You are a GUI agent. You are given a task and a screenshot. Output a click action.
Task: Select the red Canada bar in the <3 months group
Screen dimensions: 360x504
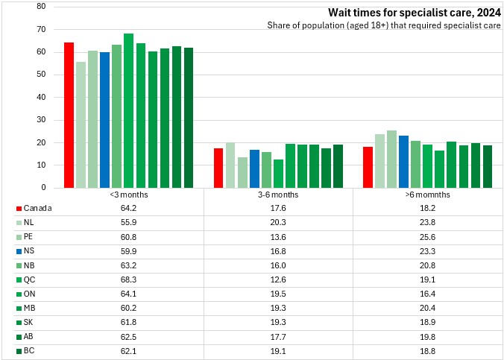69,115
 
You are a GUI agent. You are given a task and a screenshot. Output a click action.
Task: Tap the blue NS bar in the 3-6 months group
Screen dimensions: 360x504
254,168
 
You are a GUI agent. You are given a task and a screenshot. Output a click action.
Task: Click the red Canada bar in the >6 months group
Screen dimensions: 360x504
368,167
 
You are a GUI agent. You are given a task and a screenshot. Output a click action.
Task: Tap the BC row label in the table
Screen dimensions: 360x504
29,350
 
